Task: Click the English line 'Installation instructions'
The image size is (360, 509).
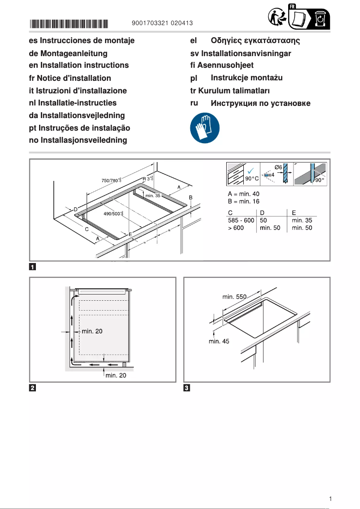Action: coord(79,65)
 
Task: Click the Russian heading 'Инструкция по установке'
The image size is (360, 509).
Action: coord(260,104)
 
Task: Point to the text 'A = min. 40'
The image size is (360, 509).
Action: coord(243,193)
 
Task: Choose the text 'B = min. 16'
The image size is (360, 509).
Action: coord(243,201)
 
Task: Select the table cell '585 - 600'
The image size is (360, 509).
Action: coord(241,220)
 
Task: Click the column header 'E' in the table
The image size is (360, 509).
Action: coord(294,212)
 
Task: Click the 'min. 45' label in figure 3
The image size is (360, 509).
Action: coord(219,341)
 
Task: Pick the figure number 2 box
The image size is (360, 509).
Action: coord(33,388)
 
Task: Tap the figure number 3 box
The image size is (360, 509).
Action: coord(188,388)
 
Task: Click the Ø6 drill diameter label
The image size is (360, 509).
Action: coord(278,167)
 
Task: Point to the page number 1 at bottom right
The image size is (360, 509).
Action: coord(330,499)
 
